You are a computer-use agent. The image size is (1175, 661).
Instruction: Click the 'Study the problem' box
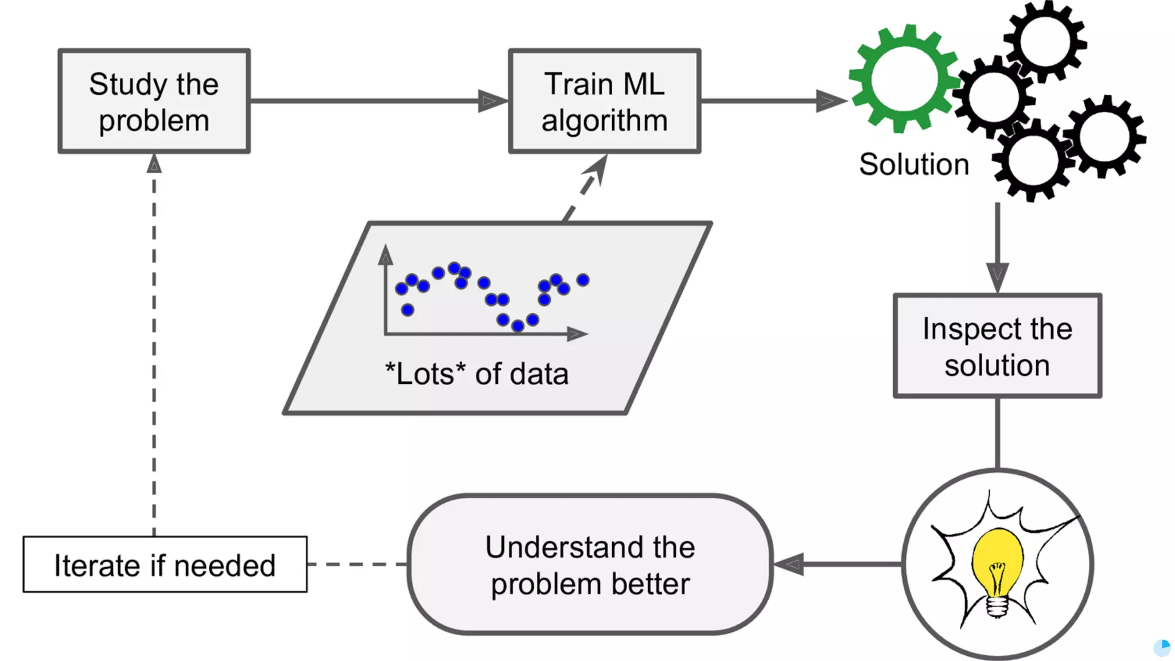coord(154,101)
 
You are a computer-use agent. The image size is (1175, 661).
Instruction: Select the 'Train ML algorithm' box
coord(605,101)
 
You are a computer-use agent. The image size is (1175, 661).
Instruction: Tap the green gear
coord(905,79)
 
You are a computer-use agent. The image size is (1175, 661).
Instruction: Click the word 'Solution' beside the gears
coord(914,165)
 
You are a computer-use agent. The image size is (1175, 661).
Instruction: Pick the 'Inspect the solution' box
coord(998,346)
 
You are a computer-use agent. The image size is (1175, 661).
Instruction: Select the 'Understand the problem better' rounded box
coord(590,565)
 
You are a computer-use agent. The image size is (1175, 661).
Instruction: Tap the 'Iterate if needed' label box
coord(165,565)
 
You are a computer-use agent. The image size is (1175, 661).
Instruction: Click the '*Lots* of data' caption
coord(477,374)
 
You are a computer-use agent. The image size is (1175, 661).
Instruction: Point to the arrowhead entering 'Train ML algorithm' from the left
coord(493,101)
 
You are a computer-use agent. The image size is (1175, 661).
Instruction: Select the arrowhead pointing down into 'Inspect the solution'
coord(998,278)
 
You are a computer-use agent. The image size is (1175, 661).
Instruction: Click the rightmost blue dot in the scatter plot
coord(583,280)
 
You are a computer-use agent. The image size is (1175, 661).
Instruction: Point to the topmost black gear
coord(1045,41)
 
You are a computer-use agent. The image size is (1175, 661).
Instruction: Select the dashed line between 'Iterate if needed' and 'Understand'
coord(357,565)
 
